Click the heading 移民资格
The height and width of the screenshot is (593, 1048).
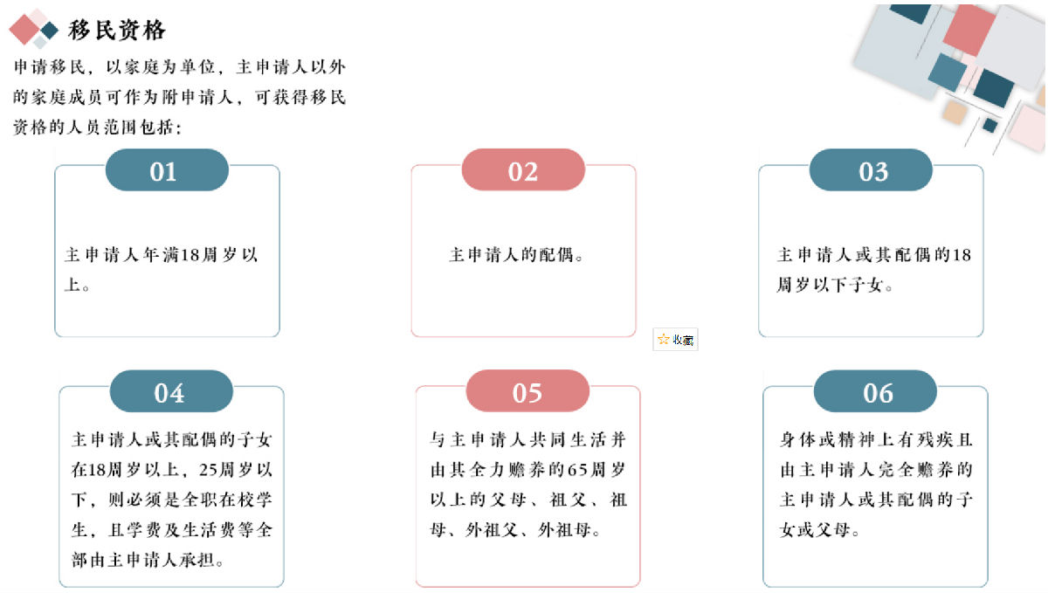pyautogui.click(x=117, y=31)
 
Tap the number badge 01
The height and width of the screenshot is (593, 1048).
pyautogui.click(x=167, y=170)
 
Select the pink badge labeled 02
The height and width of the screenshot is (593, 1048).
pyautogui.click(x=523, y=170)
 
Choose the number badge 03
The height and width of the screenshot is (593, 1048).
pyautogui.click(x=871, y=170)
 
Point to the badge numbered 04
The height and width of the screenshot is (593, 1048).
pyautogui.click(x=171, y=391)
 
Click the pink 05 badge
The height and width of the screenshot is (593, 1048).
pyautogui.click(x=527, y=391)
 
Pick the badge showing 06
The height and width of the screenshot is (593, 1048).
pyautogui.click(x=875, y=391)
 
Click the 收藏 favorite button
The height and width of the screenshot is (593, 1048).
pyautogui.click(x=675, y=340)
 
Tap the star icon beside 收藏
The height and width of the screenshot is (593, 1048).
pyautogui.click(x=663, y=340)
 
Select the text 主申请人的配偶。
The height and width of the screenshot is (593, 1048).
pyautogui.click(x=516, y=255)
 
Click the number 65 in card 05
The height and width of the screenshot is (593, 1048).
pyautogui.click(x=578, y=470)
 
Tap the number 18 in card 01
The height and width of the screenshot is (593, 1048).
pyautogui.click(x=190, y=255)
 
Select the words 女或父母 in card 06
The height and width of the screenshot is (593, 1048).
pyautogui.click(x=815, y=530)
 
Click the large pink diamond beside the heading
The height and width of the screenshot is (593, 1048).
pyautogui.click(x=24, y=30)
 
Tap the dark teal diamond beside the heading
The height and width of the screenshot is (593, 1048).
pyautogui.click(x=49, y=31)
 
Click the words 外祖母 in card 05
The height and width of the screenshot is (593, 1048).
pyautogui.click(x=565, y=530)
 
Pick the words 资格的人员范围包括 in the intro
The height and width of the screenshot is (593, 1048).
pyautogui.click(x=93, y=128)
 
